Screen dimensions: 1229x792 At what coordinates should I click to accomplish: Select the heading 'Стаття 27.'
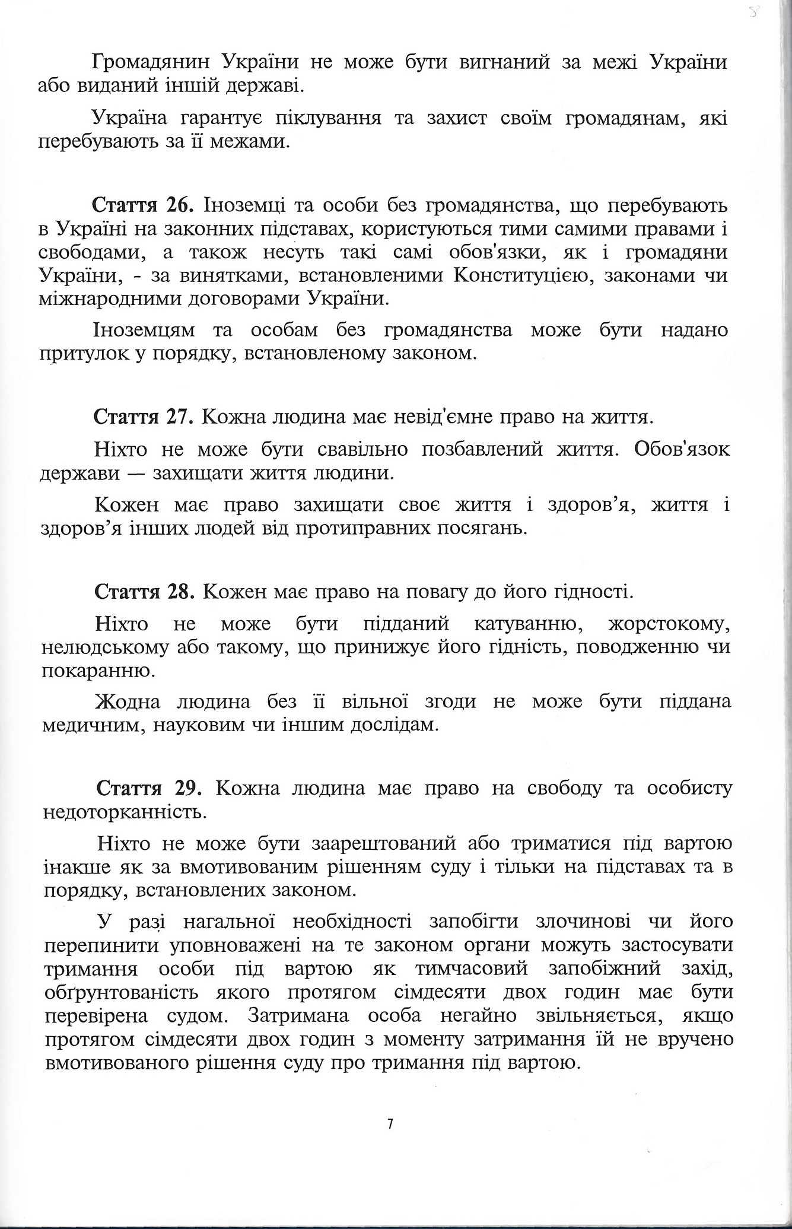(x=144, y=418)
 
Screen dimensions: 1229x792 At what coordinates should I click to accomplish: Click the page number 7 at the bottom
(x=390, y=1124)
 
